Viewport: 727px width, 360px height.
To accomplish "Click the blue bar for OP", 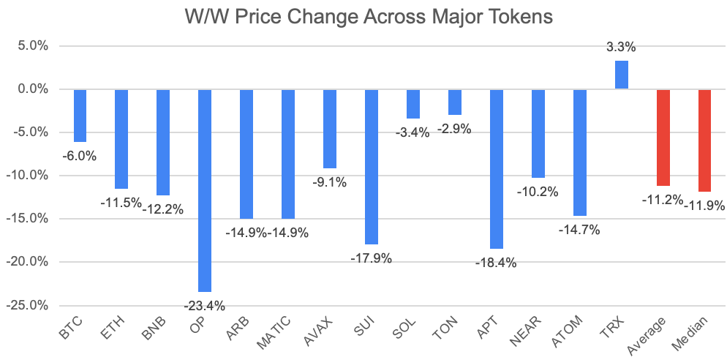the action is click(x=205, y=191).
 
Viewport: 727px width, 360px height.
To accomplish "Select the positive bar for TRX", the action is click(x=622, y=75).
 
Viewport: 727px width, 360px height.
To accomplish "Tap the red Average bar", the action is click(x=663, y=138).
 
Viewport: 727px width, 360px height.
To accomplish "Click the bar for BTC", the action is click(x=80, y=116).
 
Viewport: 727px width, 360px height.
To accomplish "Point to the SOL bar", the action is click(x=413, y=104).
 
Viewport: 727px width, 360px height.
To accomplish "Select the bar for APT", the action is click(x=497, y=169).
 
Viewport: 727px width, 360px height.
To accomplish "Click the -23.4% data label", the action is click(x=205, y=306).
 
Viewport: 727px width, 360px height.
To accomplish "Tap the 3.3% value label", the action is click(x=621, y=48).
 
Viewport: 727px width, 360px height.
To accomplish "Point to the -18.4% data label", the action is click(x=496, y=263).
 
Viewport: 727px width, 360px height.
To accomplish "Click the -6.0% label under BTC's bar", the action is click(x=79, y=157).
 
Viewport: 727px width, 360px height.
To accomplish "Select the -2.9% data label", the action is click(x=454, y=130).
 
